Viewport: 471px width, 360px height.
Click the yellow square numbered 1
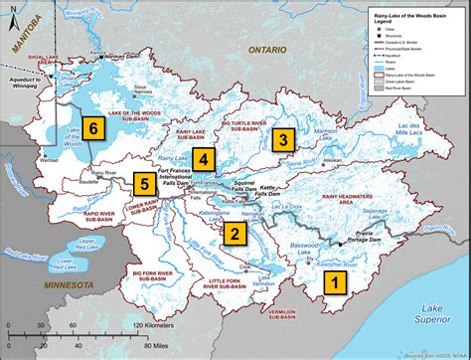336,281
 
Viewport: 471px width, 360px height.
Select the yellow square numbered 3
284,139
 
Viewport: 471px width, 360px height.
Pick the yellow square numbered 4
204,158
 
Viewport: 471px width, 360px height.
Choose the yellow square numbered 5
145,182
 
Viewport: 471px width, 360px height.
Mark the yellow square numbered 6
92,127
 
